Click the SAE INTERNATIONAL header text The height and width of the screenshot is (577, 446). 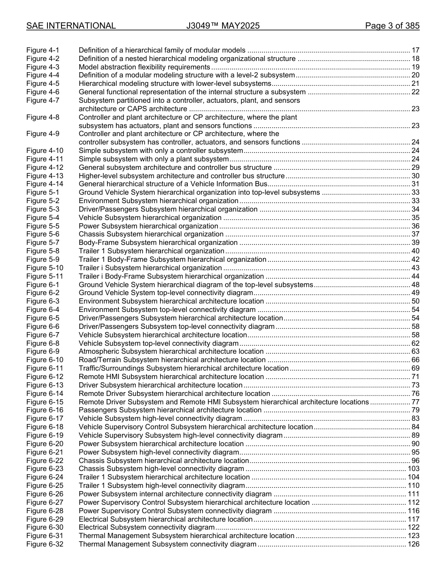click(71, 26)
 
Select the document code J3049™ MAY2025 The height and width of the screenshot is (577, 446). click(223, 26)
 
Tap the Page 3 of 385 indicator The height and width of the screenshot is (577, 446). click(392, 26)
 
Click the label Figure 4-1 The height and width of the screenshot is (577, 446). click(43, 50)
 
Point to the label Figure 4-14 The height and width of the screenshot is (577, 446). click(45, 184)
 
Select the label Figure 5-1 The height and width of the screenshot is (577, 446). click(43, 193)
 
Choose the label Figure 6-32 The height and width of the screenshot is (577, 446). click(45, 545)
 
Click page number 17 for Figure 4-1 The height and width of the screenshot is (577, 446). click(415, 50)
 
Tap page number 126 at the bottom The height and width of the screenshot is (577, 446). click(413, 545)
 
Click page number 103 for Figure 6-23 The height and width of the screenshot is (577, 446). click(413, 469)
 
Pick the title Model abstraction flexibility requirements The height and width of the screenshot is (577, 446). click(144, 67)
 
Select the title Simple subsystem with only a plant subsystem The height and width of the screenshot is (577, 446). click(154, 159)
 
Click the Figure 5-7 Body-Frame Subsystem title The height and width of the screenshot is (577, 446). click(158, 243)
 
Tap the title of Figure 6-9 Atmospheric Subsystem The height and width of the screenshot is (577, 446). click(171, 352)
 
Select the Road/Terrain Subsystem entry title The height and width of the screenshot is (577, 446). click(172, 360)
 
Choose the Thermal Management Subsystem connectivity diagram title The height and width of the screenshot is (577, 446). click(168, 545)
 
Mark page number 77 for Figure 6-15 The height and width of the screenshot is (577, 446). click(415, 402)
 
